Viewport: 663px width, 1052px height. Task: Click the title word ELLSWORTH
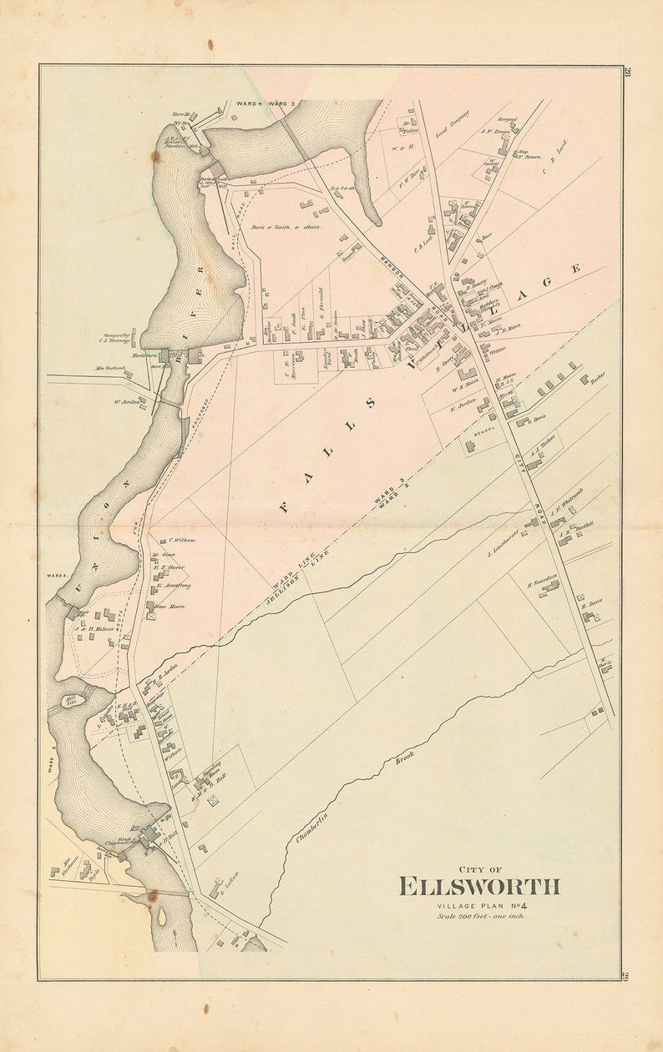tap(480, 886)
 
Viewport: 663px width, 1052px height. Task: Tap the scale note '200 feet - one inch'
tap(480, 916)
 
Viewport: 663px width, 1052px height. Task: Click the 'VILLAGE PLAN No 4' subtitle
tap(480, 905)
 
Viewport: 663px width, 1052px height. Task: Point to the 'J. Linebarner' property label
tap(504, 542)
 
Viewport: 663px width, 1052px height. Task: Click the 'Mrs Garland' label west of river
tap(109, 367)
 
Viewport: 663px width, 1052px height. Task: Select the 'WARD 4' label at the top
tap(247, 103)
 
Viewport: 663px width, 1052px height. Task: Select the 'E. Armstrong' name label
tap(173, 586)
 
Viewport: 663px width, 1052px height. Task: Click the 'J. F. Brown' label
tap(495, 131)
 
